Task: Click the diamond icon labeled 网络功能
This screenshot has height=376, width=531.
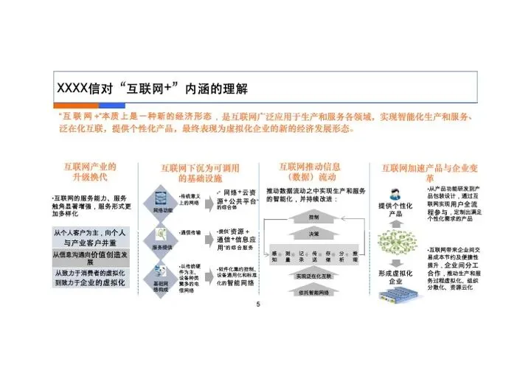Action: tap(164, 200)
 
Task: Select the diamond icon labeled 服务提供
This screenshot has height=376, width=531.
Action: tap(164, 240)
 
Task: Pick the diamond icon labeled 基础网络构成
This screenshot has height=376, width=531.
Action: tap(162, 279)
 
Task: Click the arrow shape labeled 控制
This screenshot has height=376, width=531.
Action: tap(313, 217)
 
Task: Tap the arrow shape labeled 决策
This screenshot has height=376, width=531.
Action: tap(313, 234)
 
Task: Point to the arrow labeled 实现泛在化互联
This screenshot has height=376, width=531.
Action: tap(313, 275)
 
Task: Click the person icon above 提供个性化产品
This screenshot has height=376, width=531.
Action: tap(395, 193)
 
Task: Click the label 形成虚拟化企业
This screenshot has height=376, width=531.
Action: tap(395, 276)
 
